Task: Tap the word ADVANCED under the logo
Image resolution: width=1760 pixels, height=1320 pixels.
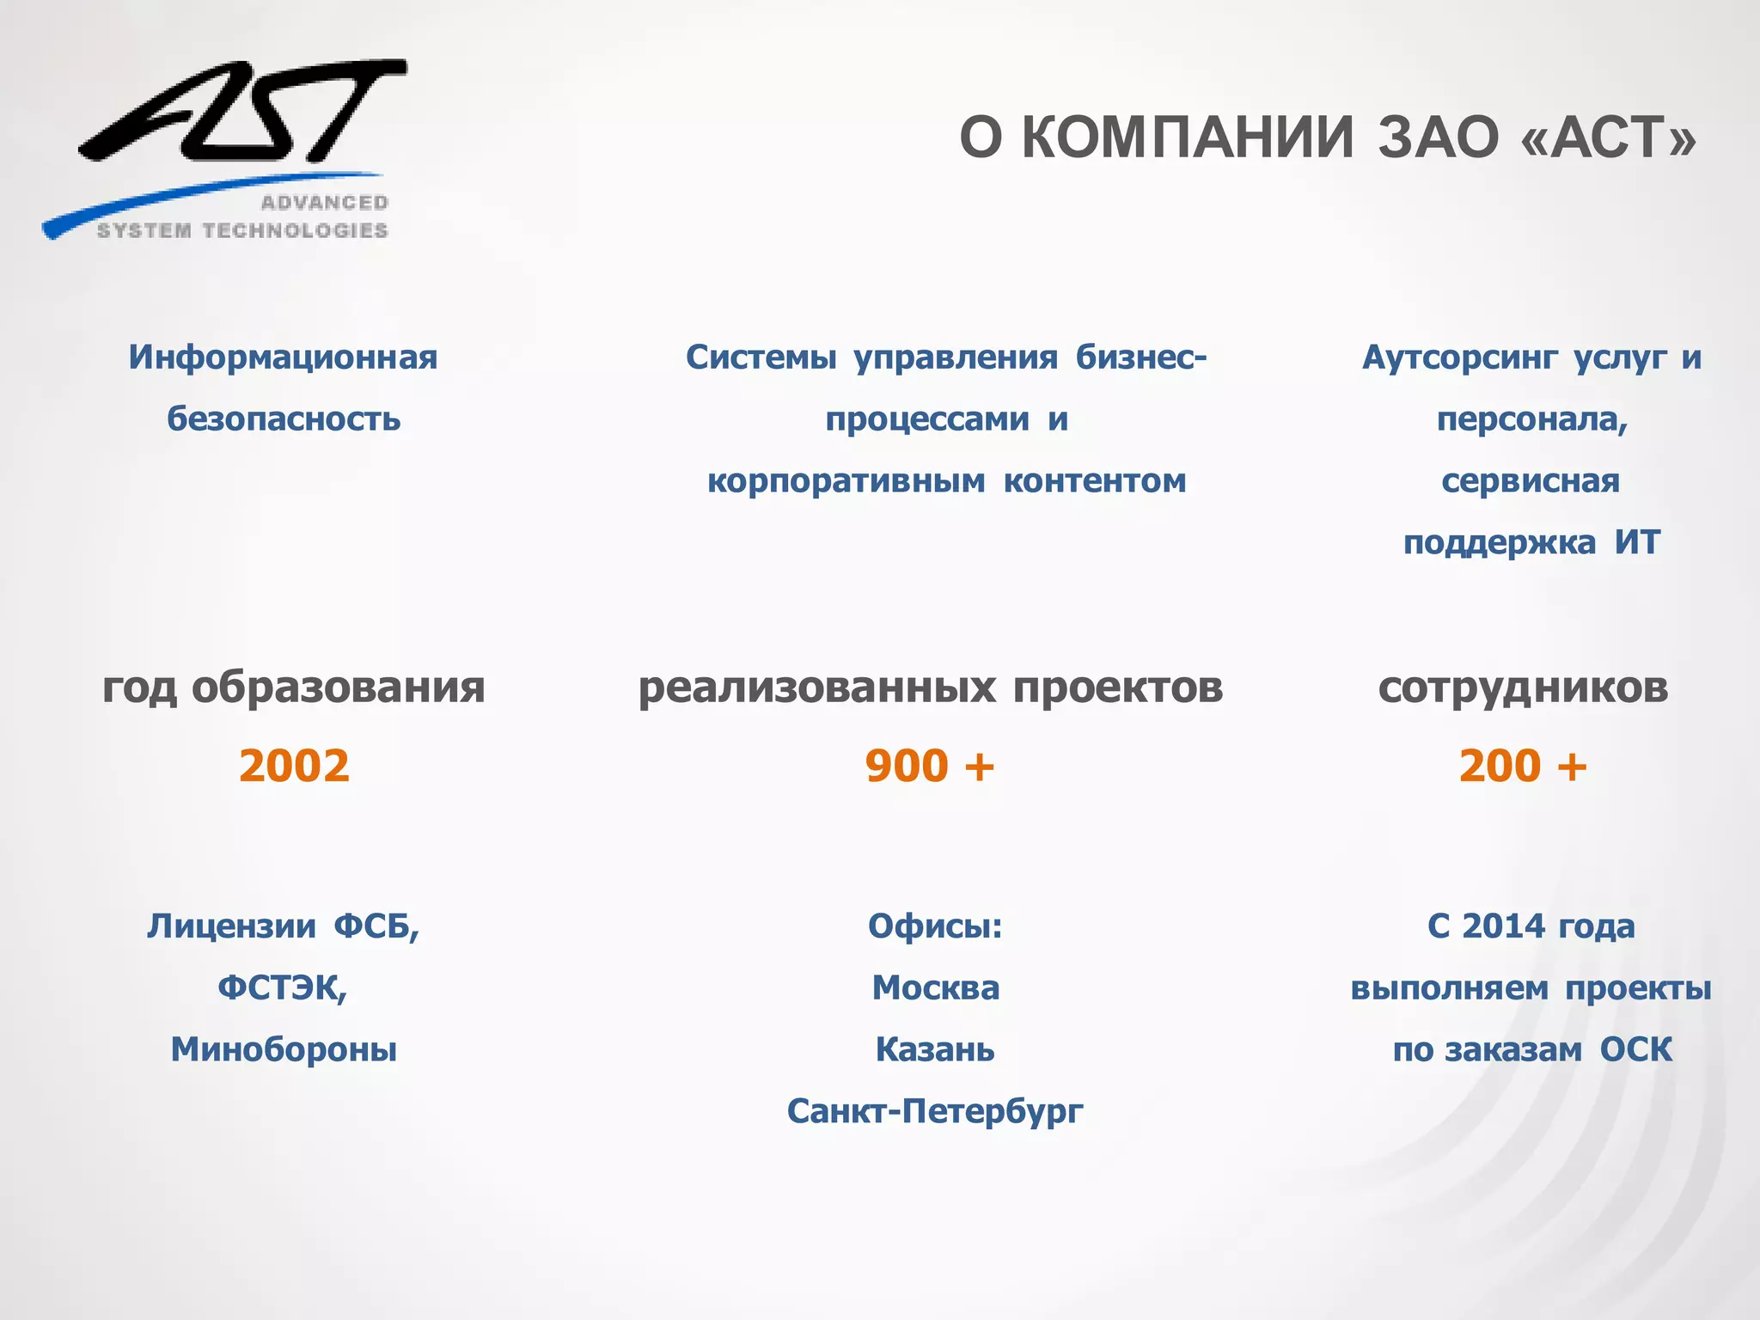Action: coord(324,203)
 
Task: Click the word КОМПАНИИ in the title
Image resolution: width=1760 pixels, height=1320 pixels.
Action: coord(1188,137)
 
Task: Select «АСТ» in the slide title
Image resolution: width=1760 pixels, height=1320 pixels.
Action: coord(1608,137)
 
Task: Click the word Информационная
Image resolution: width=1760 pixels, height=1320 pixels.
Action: coord(283,357)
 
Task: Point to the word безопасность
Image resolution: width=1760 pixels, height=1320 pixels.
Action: coord(284,419)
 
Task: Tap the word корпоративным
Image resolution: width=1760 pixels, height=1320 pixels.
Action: coord(846,481)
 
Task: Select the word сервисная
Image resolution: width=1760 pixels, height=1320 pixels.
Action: coord(1531,481)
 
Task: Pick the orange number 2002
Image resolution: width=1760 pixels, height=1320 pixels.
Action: coord(294,766)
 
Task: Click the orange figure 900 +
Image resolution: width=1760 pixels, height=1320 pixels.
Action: coord(930,766)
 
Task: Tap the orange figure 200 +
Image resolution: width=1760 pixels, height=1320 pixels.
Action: coord(1523,766)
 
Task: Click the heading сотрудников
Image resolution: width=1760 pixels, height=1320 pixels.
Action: coord(1523,687)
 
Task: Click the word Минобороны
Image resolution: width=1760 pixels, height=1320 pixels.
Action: coord(284,1050)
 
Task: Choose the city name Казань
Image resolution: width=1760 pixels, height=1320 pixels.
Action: coord(935,1050)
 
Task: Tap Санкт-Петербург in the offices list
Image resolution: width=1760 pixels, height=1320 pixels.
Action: coord(935,1112)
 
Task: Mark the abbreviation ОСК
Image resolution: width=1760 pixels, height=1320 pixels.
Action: coord(1635,1050)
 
